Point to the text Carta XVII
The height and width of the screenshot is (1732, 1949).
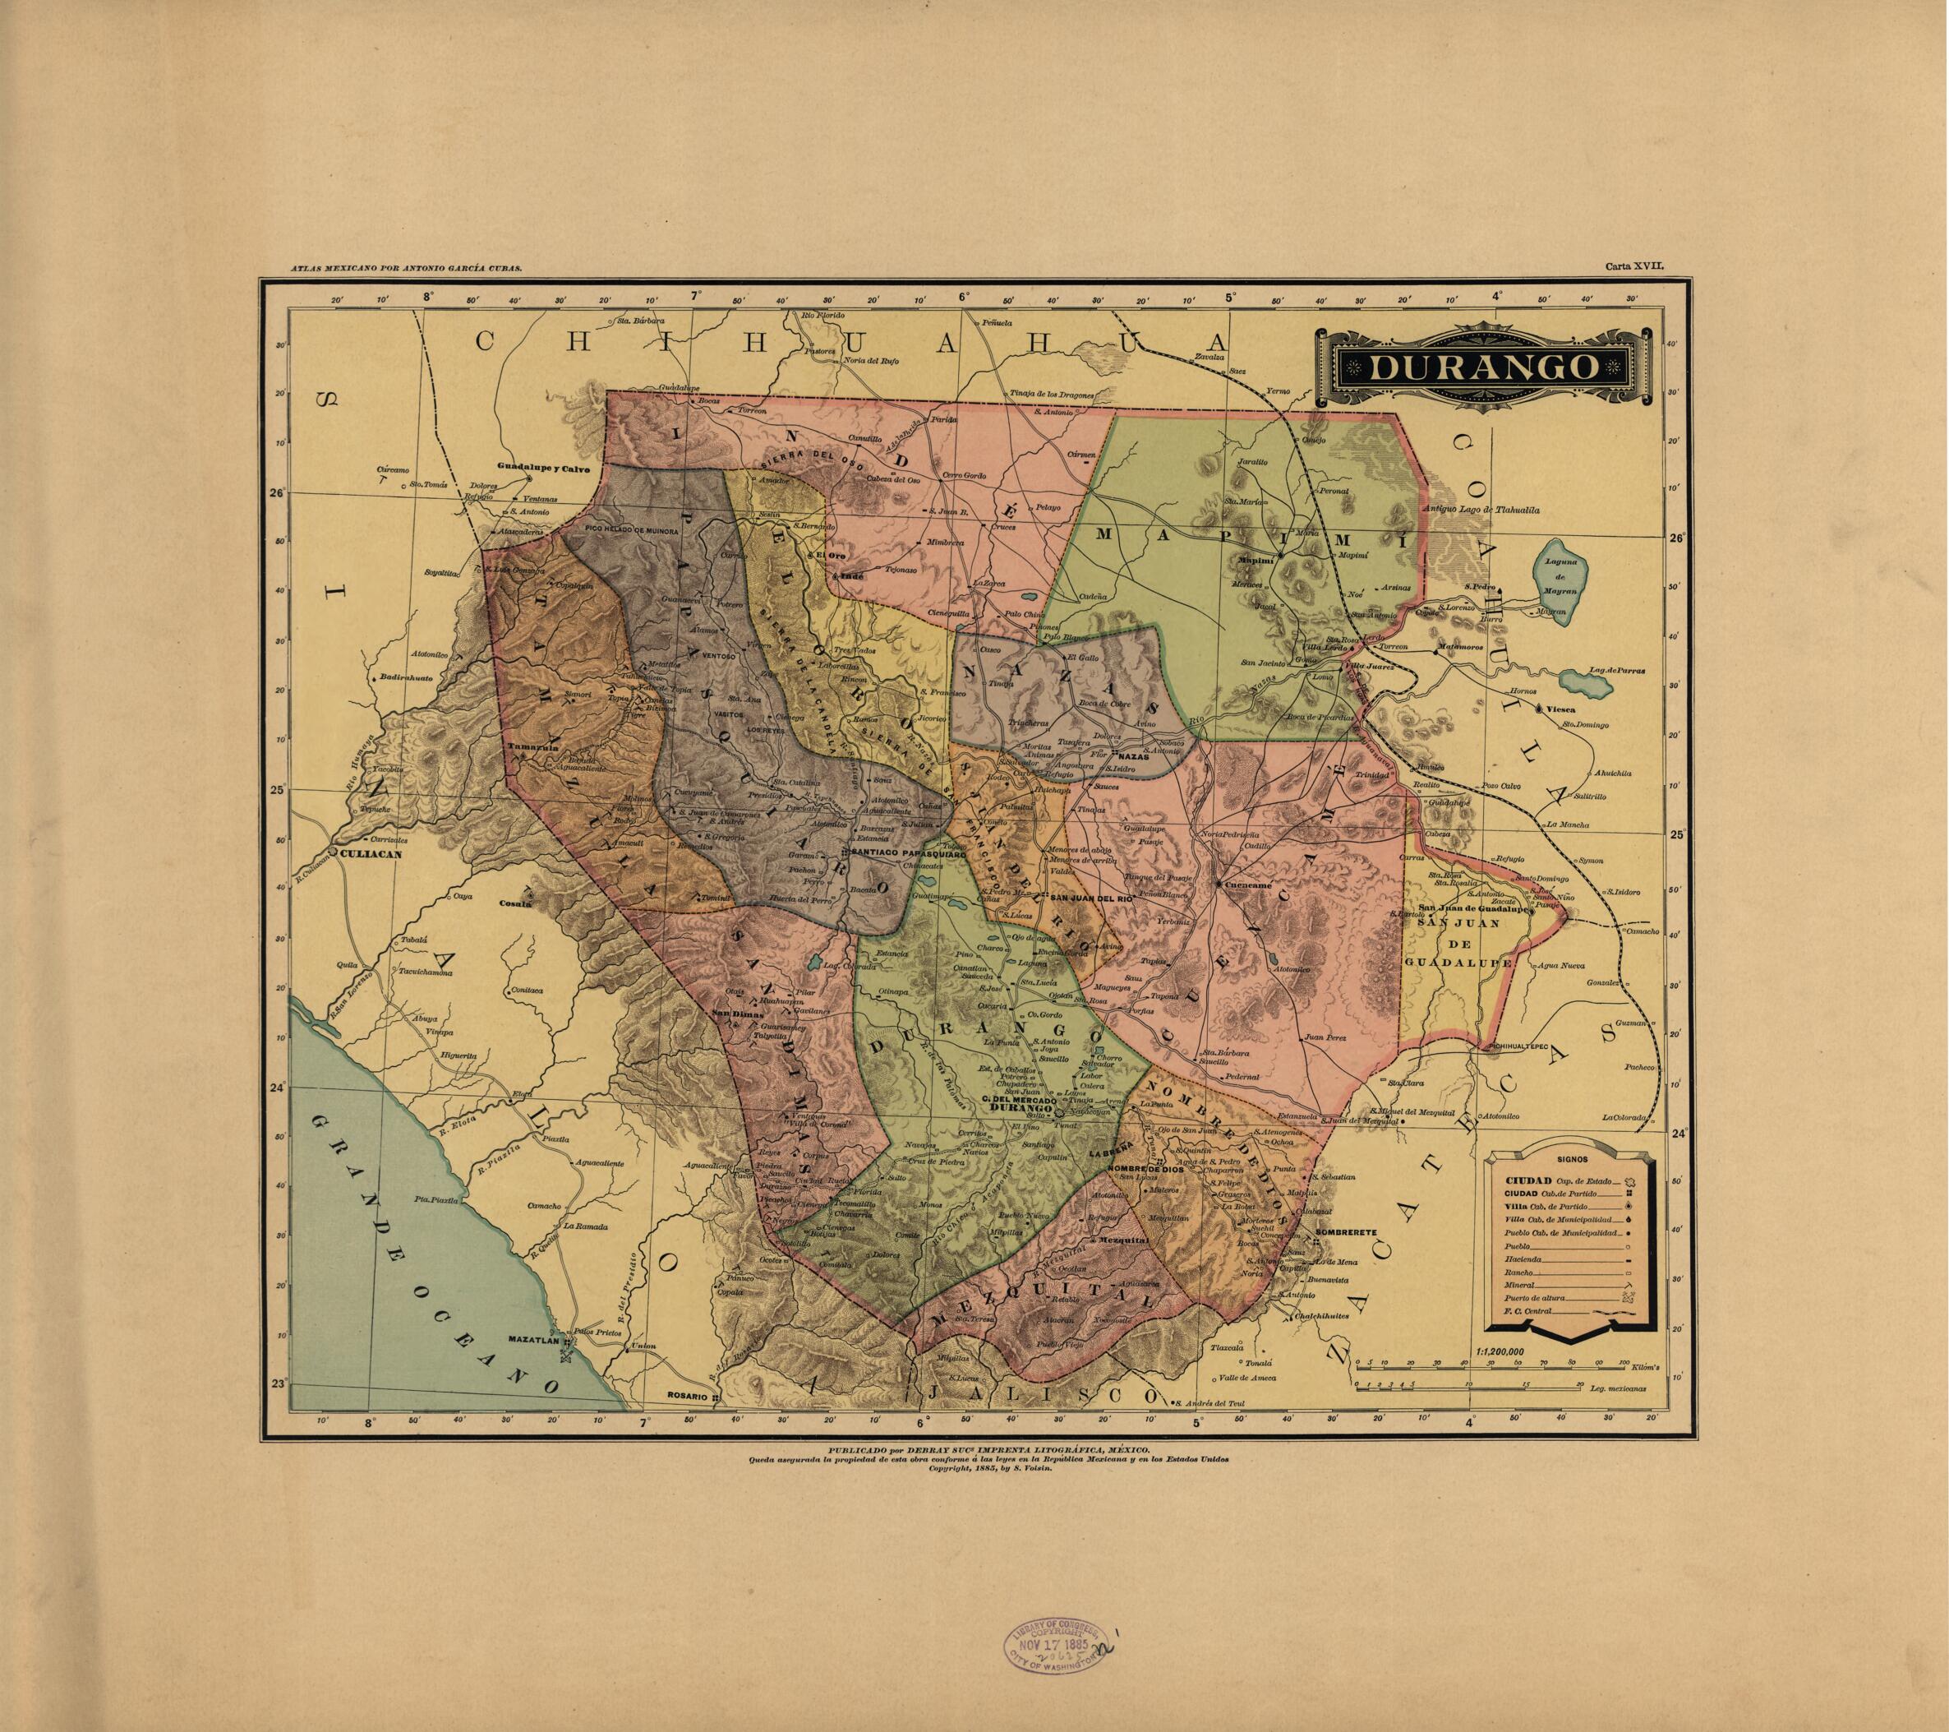1633,269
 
